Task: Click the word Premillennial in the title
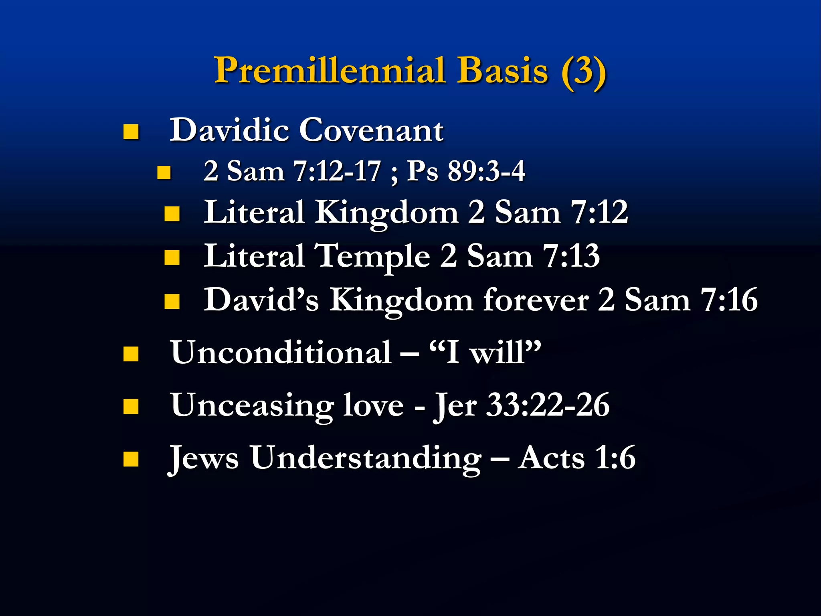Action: [330, 71]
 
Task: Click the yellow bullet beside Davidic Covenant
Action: [131, 132]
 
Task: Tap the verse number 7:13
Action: [571, 256]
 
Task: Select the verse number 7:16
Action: [729, 300]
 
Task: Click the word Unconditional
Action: [281, 353]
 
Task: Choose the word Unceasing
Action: [252, 405]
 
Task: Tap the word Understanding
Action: [366, 458]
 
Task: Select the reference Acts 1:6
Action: [576, 458]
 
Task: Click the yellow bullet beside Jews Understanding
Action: [131, 459]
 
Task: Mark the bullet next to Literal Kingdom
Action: [172, 214]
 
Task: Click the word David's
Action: [261, 300]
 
